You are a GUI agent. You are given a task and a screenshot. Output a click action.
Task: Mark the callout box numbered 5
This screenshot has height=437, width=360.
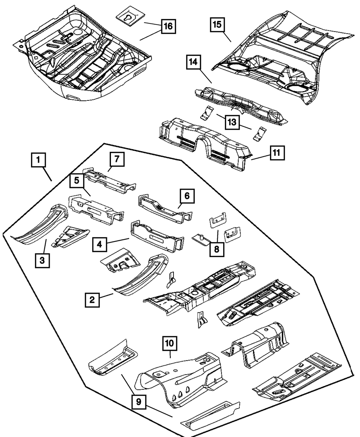[x=77, y=181]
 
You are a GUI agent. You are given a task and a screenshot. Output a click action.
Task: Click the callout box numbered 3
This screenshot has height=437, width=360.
[x=42, y=260]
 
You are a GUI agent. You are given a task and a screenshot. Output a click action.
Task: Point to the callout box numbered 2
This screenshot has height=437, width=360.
[x=93, y=299]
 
